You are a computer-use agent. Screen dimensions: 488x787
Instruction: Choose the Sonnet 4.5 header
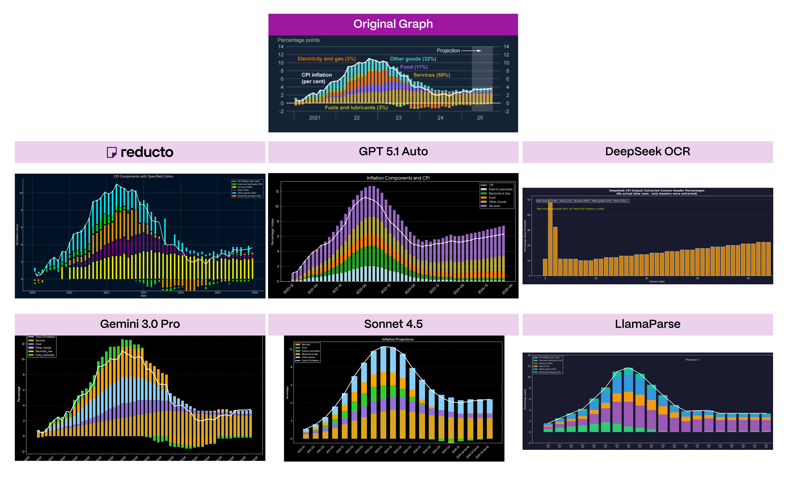393,324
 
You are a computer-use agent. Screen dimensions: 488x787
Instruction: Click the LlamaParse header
647,324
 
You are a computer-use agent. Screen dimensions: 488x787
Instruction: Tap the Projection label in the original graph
448,51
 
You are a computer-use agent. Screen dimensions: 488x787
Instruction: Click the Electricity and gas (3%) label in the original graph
326,59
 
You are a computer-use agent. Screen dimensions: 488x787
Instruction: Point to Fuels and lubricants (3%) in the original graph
356,107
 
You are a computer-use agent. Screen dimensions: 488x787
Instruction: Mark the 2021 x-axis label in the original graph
314,118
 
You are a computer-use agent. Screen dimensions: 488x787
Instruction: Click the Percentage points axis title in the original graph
298,40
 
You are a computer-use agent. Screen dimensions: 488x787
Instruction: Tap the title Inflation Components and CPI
398,178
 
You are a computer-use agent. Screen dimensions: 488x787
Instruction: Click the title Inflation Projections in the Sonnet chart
397,339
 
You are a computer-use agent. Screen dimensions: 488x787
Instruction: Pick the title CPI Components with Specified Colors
143,176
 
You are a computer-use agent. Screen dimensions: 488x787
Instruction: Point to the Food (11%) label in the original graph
414,67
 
